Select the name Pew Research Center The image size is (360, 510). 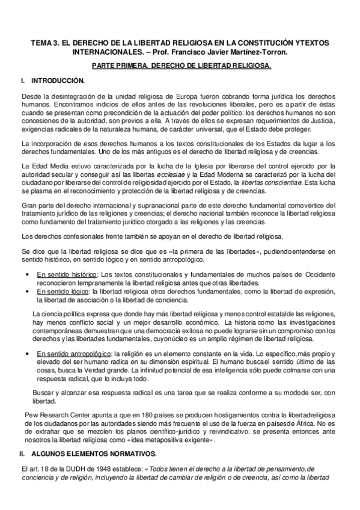point(55,414)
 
